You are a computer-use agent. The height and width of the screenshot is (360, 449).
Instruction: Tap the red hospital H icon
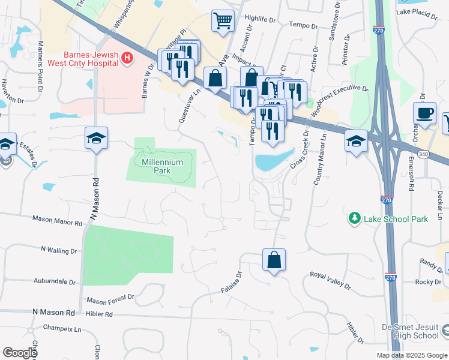pos(127,58)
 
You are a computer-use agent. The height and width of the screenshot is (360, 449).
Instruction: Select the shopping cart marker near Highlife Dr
pos(223,21)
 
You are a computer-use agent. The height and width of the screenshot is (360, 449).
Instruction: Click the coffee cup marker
pos(424,113)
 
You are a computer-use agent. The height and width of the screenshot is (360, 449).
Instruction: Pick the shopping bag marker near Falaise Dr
pos(274,260)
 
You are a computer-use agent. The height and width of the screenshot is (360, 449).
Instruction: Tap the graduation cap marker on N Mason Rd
pos(96,139)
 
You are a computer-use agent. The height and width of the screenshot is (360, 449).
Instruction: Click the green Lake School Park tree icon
pos(356,218)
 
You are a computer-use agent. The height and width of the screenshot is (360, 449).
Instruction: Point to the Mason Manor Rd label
pos(58,222)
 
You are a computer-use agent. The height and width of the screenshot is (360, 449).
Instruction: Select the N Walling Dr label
pos(59,248)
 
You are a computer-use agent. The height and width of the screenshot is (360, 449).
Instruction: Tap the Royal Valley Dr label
pos(333,276)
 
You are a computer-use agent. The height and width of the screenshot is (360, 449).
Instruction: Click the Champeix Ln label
pos(62,329)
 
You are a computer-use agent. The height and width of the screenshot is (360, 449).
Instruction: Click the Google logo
pos(19,353)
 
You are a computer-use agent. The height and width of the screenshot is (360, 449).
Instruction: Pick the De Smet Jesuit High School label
pos(411,331)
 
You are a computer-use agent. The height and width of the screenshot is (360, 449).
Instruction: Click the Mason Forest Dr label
pos(110,299)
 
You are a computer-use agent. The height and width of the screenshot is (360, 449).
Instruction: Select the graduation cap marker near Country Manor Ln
pos(357,141)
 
